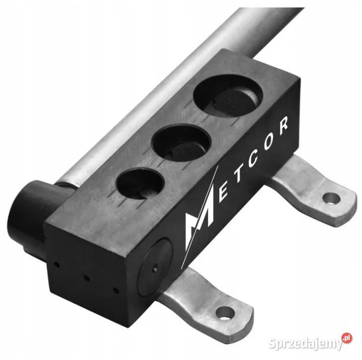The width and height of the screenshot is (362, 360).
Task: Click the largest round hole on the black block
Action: tap(228, 95)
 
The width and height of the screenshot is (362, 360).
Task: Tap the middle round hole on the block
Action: tap(181, 143)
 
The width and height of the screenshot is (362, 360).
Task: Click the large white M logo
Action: tap(199, 216)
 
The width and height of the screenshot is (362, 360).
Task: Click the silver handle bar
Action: tap(176, 92)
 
